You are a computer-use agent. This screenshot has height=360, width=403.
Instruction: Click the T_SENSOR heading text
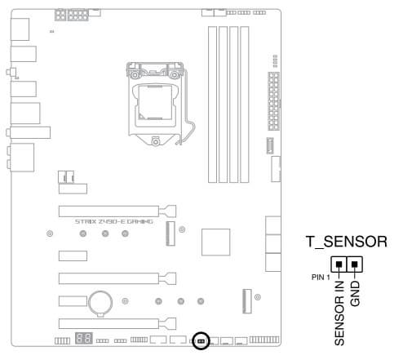(x=347, y=242)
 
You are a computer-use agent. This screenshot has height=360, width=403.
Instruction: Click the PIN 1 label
(x=321, y=278)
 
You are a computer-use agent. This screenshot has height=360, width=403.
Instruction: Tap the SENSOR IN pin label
(x=339, y=313)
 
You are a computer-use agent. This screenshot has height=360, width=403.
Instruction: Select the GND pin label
(x=355, y=294)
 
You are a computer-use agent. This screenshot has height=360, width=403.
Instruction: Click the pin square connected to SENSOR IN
(x=339, y=264)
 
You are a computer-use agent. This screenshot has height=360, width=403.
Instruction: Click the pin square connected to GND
(x=354, y=264)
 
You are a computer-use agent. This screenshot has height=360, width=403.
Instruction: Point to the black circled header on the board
(x=201, y=341)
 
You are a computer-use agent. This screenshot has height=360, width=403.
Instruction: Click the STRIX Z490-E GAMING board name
(x=114, y=221)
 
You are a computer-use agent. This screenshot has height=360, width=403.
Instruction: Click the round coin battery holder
(x=100, y=303)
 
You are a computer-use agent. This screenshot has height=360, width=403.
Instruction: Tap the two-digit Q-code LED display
(x=84, y=338)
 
